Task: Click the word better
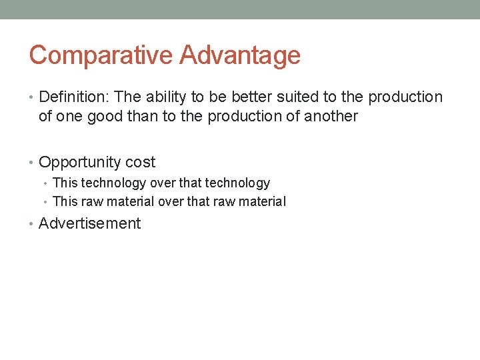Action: [x=251, y=97]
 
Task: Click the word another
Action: [x=331, y=117]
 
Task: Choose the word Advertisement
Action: [x=90, y=224]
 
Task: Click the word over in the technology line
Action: [x=163, y=183]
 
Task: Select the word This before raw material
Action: [x=65, y=202]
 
